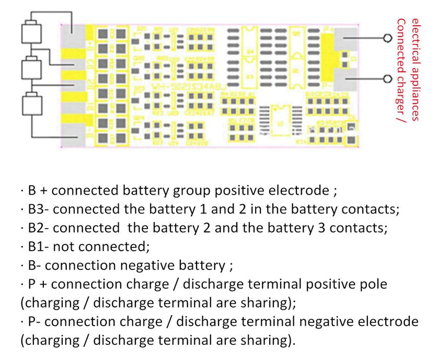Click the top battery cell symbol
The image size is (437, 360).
31,33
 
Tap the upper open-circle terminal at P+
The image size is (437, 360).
387,39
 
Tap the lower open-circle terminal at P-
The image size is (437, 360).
387,78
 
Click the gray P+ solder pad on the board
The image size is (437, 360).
346,38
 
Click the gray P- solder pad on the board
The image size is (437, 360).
346,80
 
